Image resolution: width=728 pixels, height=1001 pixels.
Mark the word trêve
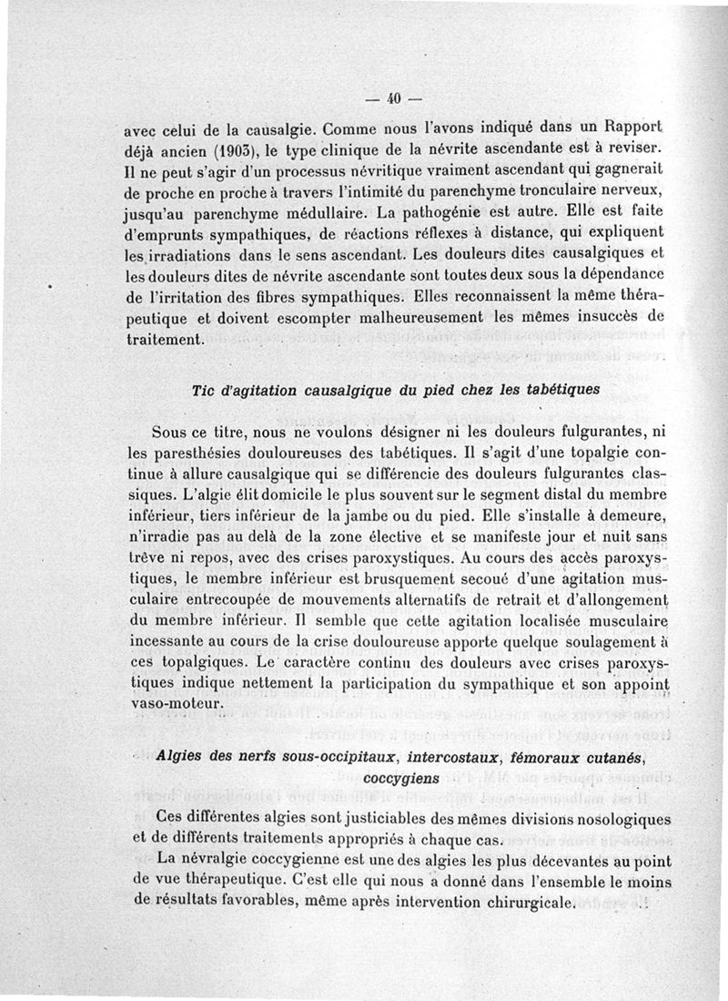click(152, 560)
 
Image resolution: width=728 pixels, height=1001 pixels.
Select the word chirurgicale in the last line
click(525, 904)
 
